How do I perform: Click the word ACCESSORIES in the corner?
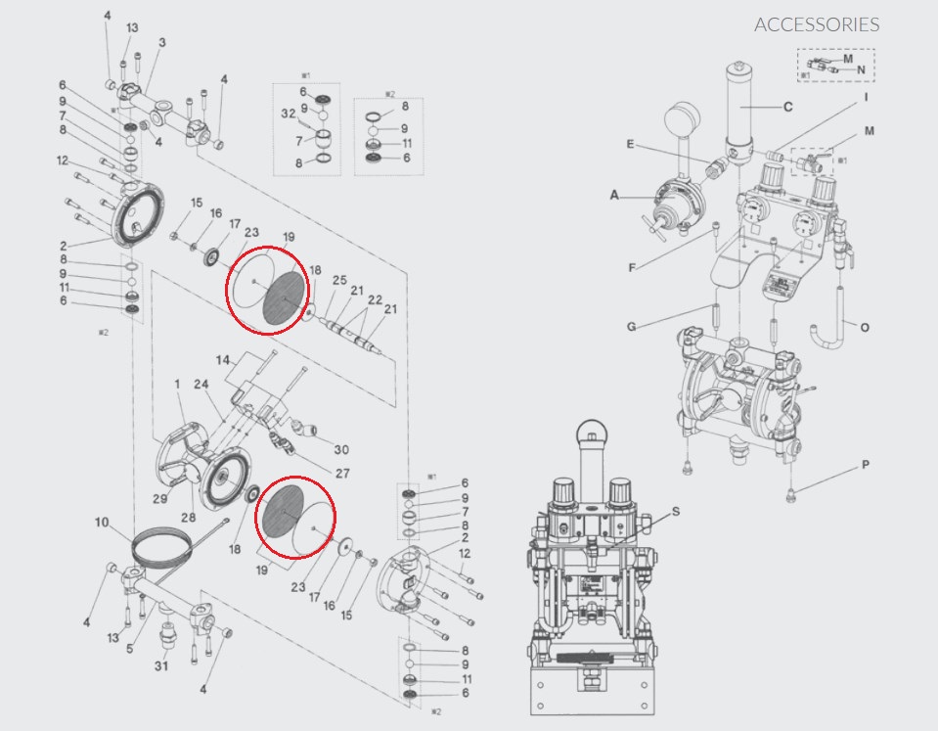coord(817,24)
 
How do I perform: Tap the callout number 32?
coord(289,114)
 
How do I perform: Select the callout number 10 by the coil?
coord(102,523)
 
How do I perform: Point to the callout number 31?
coord(161,666)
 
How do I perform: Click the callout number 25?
coord(339,281)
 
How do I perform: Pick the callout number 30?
coord(340,450)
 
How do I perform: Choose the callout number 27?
coord(342,473)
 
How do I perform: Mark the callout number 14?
coord(223,359)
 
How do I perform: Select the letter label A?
coord(615,196)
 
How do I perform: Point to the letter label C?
coord(787,107)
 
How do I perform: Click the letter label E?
coord(631,144)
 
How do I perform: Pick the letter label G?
coord(631,326)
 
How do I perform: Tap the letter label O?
coord(865,327)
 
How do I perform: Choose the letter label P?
coord(866,466)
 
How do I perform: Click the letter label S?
coord(676,511)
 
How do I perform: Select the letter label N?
coord(861,70)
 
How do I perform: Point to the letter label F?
coord(631,265)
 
